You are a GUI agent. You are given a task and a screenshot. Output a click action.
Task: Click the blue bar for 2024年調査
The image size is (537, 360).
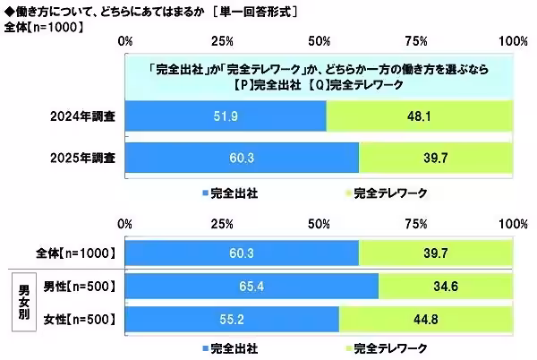click(x=226, y=116)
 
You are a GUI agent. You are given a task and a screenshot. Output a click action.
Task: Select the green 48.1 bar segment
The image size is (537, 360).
click(x=419, y=116)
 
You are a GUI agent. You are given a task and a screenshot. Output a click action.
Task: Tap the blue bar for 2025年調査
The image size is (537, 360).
click(x=242, y=158)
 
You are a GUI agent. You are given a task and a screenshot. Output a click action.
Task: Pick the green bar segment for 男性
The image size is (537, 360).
click(x=446, y=287)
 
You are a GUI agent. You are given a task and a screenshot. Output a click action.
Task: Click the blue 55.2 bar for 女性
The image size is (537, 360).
click(x=232, y=320)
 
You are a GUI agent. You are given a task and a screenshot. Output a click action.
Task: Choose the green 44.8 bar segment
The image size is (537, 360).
click(x=426, y=320)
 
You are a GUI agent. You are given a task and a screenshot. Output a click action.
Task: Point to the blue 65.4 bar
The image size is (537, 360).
click(x=251, y=287)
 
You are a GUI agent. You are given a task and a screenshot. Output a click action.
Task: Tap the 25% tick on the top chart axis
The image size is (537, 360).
click(x=222, y=42)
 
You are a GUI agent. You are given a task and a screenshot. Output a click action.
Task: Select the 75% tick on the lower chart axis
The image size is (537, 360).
click(x=415, y=224)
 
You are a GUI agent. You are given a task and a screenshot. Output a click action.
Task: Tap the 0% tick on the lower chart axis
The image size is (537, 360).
click(x=126, y=224)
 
